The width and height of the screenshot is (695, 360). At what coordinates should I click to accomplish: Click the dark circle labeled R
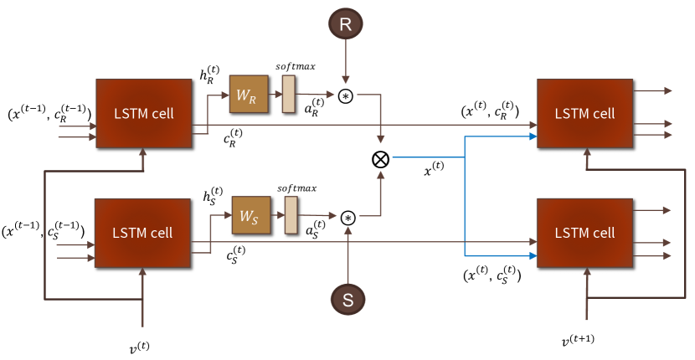point(345,26)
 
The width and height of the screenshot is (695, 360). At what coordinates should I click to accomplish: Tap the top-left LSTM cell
point(145,114)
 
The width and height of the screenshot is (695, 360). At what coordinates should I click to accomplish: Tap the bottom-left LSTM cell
point(144,233)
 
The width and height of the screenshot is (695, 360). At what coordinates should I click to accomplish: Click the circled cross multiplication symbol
point(382,157)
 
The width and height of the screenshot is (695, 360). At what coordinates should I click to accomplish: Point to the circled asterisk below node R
point(346,96)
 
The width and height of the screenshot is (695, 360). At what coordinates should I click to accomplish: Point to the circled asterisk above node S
point(348,218)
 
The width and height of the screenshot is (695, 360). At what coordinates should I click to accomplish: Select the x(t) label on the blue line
point(433,171)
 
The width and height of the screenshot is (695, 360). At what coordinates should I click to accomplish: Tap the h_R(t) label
point(209,77)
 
